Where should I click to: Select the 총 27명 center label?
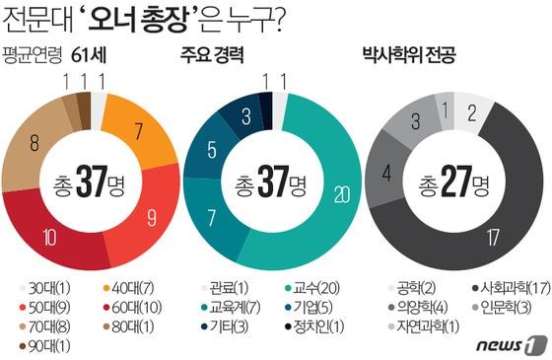click(x=452, y=182)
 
